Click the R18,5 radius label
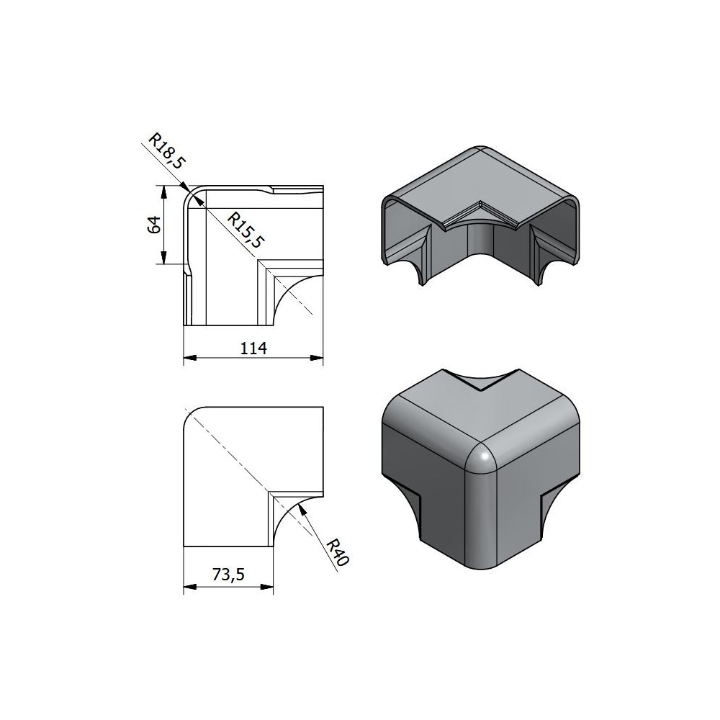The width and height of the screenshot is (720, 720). [167, 150]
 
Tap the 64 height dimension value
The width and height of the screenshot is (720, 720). [155, 225]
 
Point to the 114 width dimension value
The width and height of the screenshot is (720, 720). [253, 348]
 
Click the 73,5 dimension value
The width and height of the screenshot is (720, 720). [228, 575]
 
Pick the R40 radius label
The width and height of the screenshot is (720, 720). [338, 552]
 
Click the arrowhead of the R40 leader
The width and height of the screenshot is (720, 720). [301, 508]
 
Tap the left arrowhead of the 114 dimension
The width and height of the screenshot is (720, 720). [190, 358]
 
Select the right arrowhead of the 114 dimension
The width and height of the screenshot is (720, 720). [317, 358]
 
